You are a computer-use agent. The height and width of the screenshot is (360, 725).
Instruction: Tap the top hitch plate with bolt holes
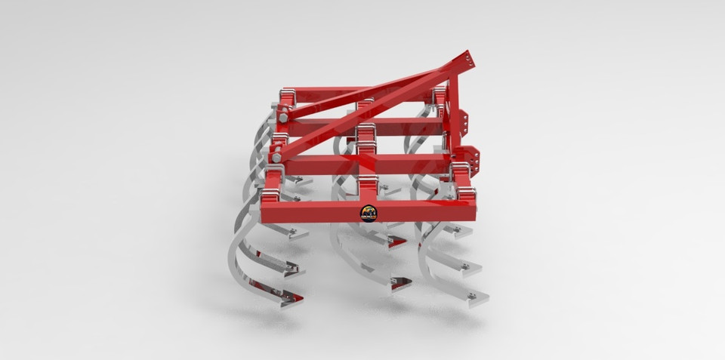tap(469, 63)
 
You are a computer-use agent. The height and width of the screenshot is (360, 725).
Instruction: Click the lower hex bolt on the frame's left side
tap(277, 157)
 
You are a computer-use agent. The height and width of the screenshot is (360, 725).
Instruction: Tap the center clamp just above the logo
tap(368, 186)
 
